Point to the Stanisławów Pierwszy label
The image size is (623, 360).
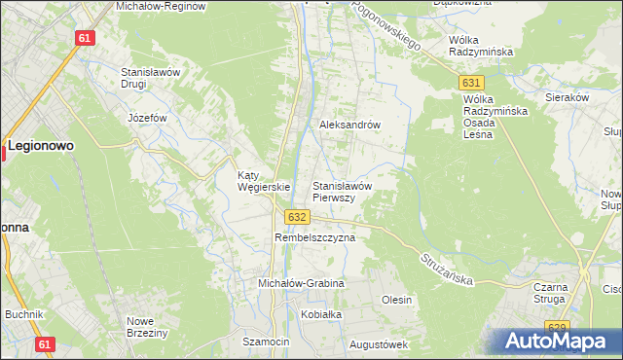tap(342, 191)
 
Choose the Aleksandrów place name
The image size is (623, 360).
tap(349, 126)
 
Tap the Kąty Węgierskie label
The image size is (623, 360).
tap(265, 182)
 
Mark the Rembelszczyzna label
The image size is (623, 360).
tap(314, 236)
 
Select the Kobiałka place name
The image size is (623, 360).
tap(322, 315)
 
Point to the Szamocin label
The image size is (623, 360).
tap(267, 342)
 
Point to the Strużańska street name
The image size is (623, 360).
tap(447, 269)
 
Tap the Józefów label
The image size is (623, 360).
tap(148, 118)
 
